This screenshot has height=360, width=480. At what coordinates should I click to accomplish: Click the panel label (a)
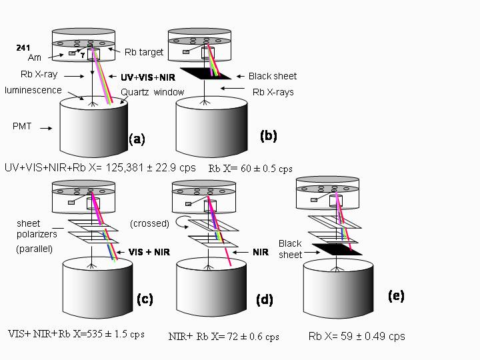[137, 139]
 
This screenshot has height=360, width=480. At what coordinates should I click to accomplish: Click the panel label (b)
[269, 136]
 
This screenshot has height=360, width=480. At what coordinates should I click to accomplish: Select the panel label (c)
[145, 299]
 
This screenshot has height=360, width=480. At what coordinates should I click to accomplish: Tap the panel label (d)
[265, 300]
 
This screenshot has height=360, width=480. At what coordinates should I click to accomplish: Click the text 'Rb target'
[143, 53]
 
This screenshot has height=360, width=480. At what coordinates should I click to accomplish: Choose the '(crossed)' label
[150, 223]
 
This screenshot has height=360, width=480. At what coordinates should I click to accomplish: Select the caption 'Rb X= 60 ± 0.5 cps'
[250, 169]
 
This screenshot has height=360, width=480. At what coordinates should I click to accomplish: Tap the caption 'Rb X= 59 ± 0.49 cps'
[357, 336]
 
